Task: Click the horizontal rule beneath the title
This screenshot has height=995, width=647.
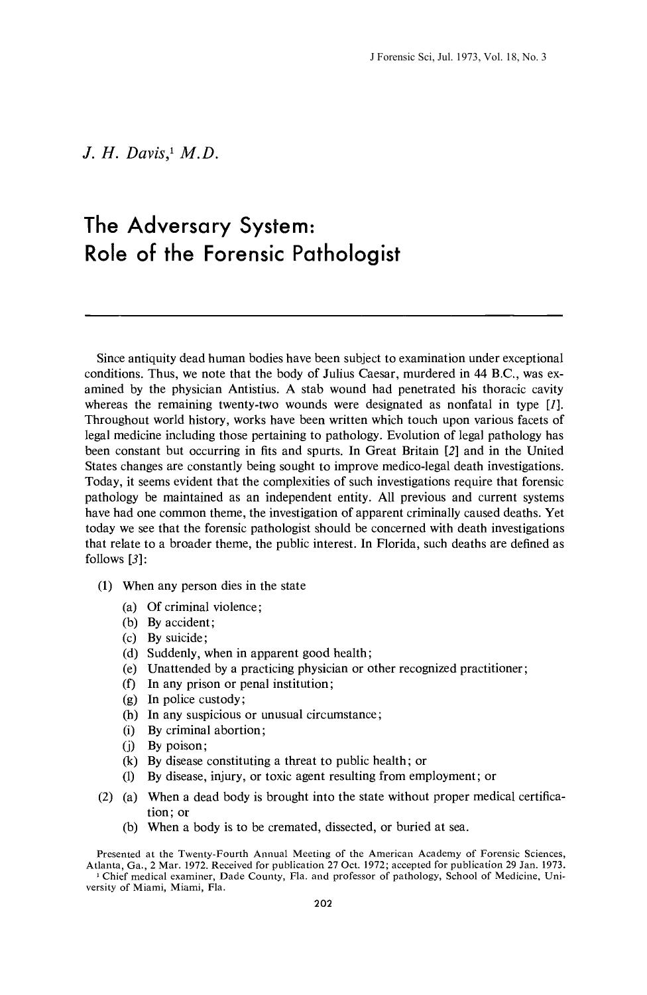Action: coord(323,314)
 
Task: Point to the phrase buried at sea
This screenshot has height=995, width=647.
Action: coord(430,827)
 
